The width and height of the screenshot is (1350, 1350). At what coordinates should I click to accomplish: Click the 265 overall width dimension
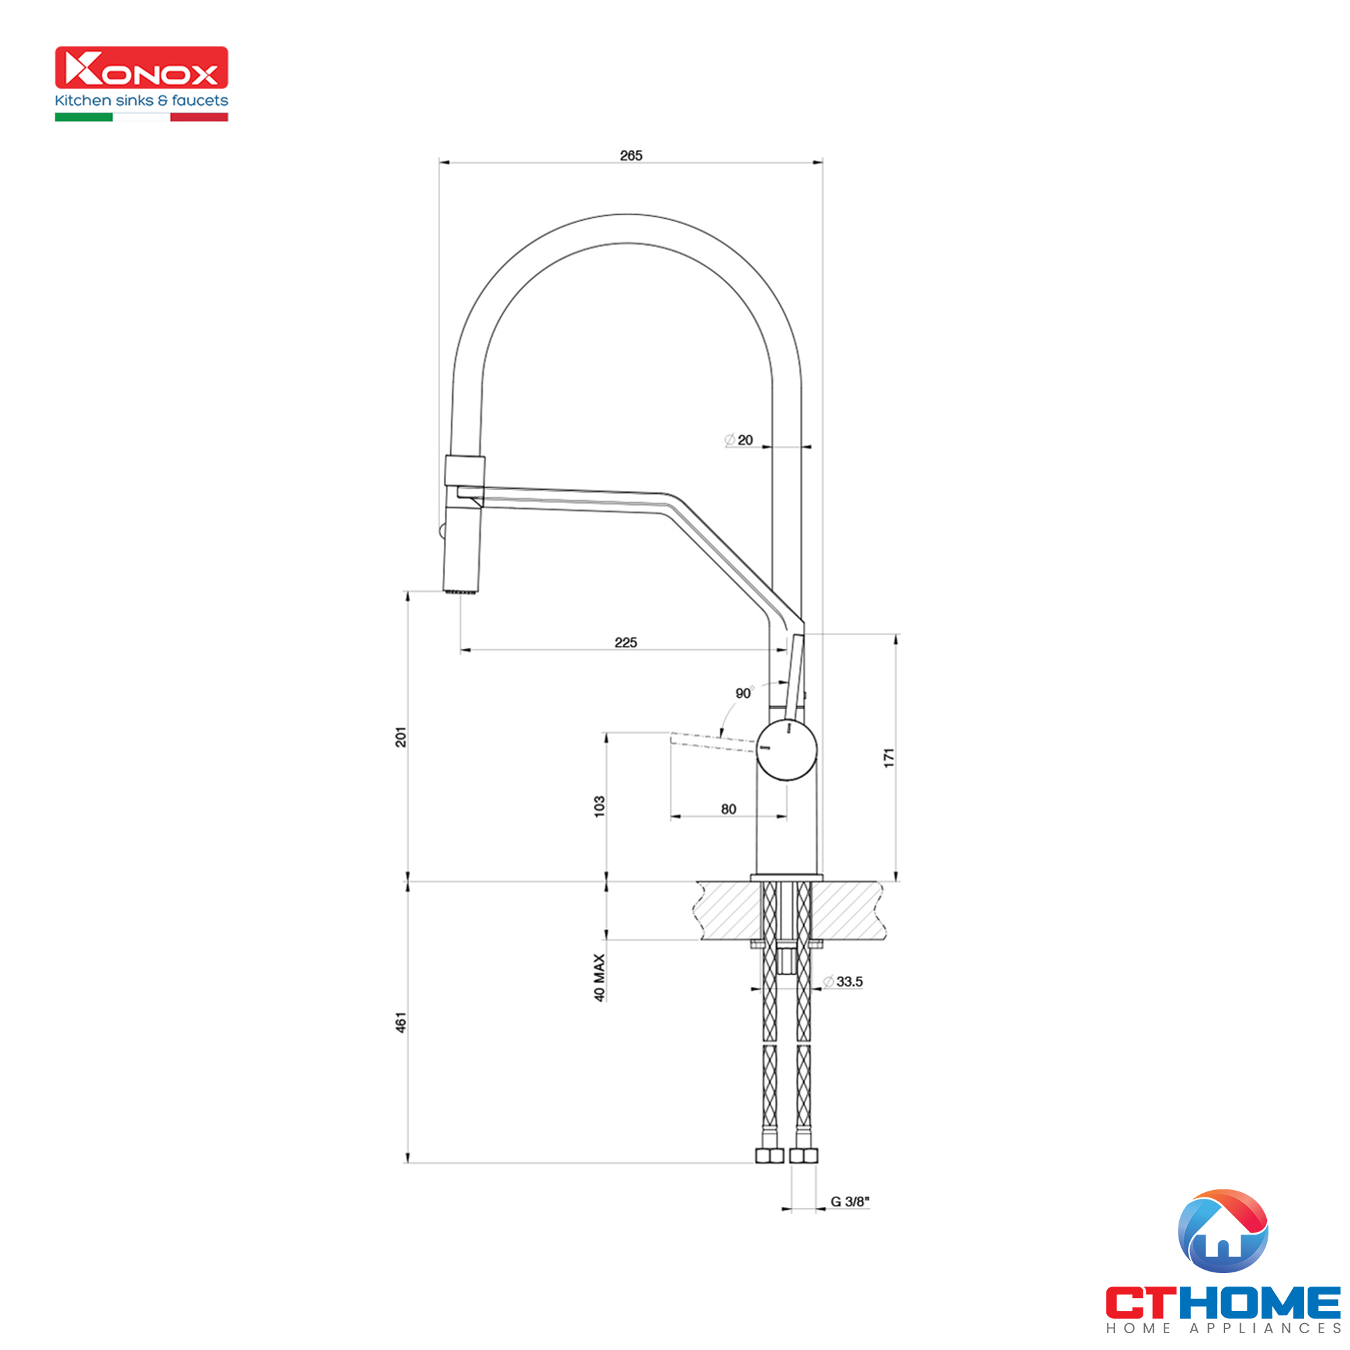click(x=630, y=155)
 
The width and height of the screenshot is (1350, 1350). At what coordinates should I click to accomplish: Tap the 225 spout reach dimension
click(x=626, y=642)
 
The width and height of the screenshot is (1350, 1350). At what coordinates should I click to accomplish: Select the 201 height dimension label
click(x=401, y=736)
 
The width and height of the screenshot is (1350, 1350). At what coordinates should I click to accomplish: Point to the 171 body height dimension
click(x=889, y=758)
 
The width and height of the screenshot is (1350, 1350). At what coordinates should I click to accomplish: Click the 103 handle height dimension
click(x=599, y=806)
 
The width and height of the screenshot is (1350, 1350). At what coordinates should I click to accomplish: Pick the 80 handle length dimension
click(x=728, y=809)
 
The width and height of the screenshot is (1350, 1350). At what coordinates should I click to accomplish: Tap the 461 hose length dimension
click(x=401, y=1022)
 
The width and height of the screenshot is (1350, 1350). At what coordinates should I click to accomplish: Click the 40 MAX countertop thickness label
click(x=599, y=977)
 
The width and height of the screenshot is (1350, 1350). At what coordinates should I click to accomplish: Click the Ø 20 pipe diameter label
click(x=738, y=439)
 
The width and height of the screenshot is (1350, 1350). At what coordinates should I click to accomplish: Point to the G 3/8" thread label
click(x=850, y=1201)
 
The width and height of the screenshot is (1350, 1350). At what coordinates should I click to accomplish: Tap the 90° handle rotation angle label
click(x=743, y=693)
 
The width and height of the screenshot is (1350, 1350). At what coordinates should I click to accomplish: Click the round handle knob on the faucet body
click(x=787, y=751)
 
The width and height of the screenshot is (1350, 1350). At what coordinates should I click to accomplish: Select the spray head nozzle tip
click(x=461, y=591)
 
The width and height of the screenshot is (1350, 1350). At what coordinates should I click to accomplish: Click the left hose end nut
click(x=769, y=1156)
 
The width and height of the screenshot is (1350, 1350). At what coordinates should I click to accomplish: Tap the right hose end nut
click(x=803, y=1156)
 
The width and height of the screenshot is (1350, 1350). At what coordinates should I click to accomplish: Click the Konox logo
click(x=142, y=68)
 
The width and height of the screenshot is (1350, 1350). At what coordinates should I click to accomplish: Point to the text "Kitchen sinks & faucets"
click(x=142, y=101)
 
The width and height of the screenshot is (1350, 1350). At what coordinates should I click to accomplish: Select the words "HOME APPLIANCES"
click(x=1223, y=1328)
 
